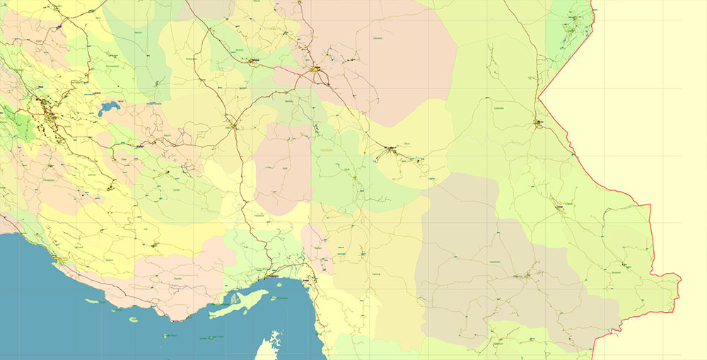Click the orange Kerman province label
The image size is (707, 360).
(x=327, y=150)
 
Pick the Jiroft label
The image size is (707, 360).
(x=346, y=169)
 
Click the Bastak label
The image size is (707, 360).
(x=177, y=279)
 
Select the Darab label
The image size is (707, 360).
(x=177, y=190)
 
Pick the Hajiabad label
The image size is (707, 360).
(x=259, y=214)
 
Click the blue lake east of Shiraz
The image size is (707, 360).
(x=109, y=109)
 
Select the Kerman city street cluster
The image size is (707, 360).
(x=315, y=70)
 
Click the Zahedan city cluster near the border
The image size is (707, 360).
(x=539, y=123)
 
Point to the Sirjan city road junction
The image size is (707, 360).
(x=235, y=127)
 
